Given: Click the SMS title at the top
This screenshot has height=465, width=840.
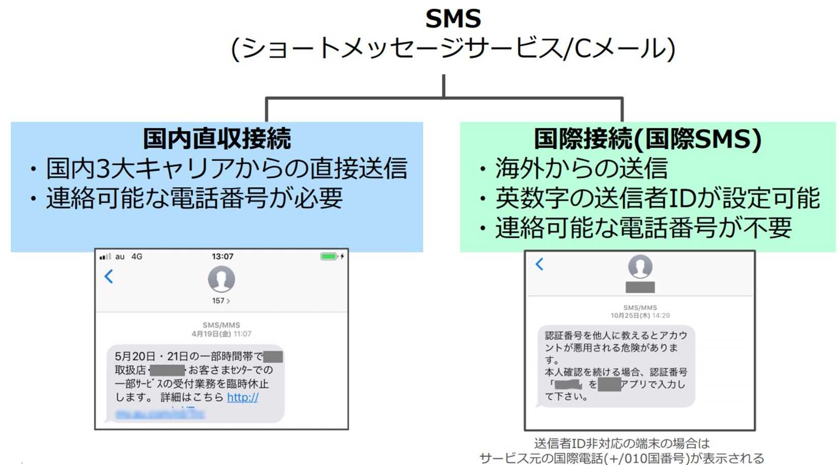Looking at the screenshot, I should coord(453,19).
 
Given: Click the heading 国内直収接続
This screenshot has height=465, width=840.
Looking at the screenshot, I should coord(217,139).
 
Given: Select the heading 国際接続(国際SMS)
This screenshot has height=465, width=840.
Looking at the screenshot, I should coord(647,139).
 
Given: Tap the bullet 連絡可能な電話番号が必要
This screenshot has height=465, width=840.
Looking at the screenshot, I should coord(194,198).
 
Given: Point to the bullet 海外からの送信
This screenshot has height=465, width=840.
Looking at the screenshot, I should coord(581,169).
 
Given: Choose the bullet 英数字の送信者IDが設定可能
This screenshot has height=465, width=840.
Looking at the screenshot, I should coord(657,198).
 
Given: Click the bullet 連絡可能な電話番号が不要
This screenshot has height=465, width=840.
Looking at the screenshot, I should coord(643,228).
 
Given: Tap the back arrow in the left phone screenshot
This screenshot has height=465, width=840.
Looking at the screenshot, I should coord(108,277).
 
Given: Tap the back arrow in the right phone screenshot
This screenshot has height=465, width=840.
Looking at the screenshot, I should coord(540,264).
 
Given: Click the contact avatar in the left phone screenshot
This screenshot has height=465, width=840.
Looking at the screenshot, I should coord(221,279).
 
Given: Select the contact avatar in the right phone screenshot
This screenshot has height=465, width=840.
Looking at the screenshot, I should coord(640,266).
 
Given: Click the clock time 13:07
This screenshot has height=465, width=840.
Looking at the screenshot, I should coord(222,257).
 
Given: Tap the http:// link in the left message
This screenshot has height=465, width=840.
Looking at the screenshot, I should coord(242,397).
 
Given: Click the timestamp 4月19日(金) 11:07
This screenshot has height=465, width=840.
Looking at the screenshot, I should coord(221,334).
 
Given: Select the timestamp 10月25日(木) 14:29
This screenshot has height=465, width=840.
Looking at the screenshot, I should coord(640,316).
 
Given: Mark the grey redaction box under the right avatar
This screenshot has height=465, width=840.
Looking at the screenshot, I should coord(640,287).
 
